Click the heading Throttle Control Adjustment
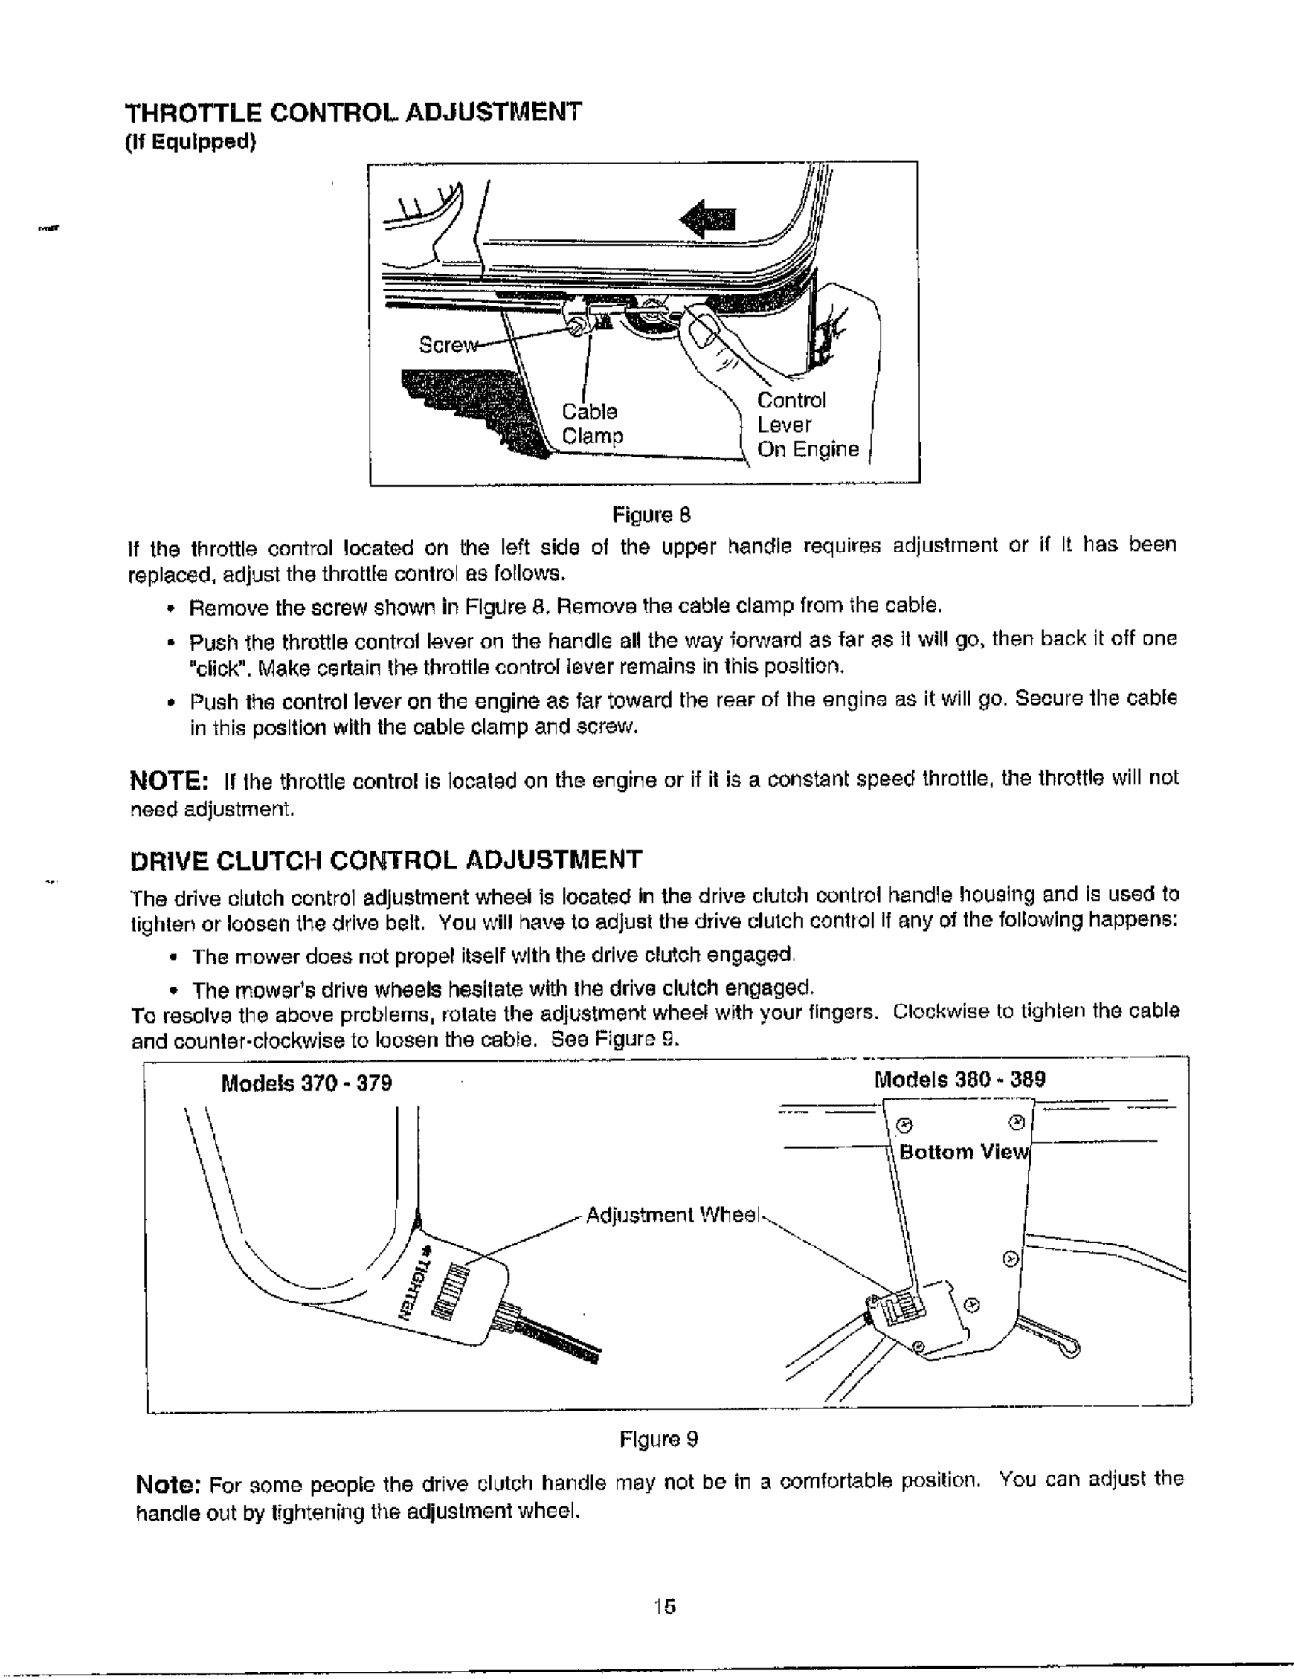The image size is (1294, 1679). pyautogui.click(x=354, y=112)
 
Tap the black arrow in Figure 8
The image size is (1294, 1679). pyautogui.click(x=708, y=220)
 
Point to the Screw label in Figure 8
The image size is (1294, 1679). pyautogui.click(x=445, y=345)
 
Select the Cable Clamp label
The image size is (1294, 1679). pyautogui.click(x=591, y=424)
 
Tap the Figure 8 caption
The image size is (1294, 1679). pyautogui.click(x=651, y=514)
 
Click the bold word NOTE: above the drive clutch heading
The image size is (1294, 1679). pyautogui.click(x=169, y=781)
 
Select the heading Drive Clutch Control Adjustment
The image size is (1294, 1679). pyautogui.click(x=385, y=860)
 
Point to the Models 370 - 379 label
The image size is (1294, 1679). pyautogui.click(x=307, y=1083)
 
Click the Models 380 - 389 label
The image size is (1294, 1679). pyautogui.click(x=959, y=1079)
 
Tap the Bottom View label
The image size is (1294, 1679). pyautogui.click(x=963, y=1152)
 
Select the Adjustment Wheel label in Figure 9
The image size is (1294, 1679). pyautogui.click(x=673, y=1216)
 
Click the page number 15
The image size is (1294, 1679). pyautogui.click(x=664, y=1606)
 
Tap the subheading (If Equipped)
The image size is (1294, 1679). pyautogui.click(x=190, y=142)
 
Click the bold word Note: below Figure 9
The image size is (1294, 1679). pyautogui.click(x=169, y=1482)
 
